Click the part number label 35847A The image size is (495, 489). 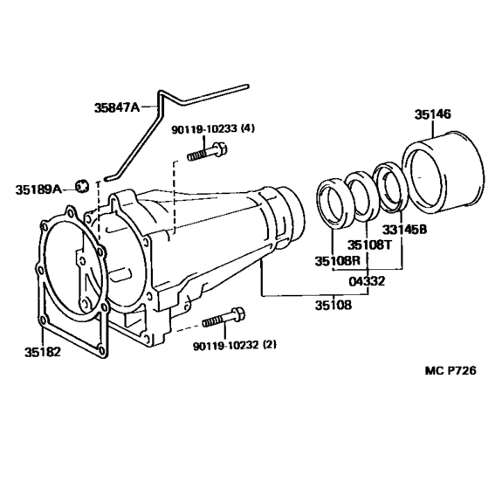tap(117, 107)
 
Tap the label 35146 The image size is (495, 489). tap(433, 114)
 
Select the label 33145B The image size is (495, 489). tap(404, 229)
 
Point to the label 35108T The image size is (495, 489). tap(369, 244)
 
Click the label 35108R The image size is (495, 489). tap(338, 261)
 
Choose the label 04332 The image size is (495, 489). tap(367, 281)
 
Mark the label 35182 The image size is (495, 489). tap(42, 352)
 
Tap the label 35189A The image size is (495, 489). tap(38, 189)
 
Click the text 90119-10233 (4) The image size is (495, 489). tap(213, 129)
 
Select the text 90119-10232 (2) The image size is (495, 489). tap(235, 346)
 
